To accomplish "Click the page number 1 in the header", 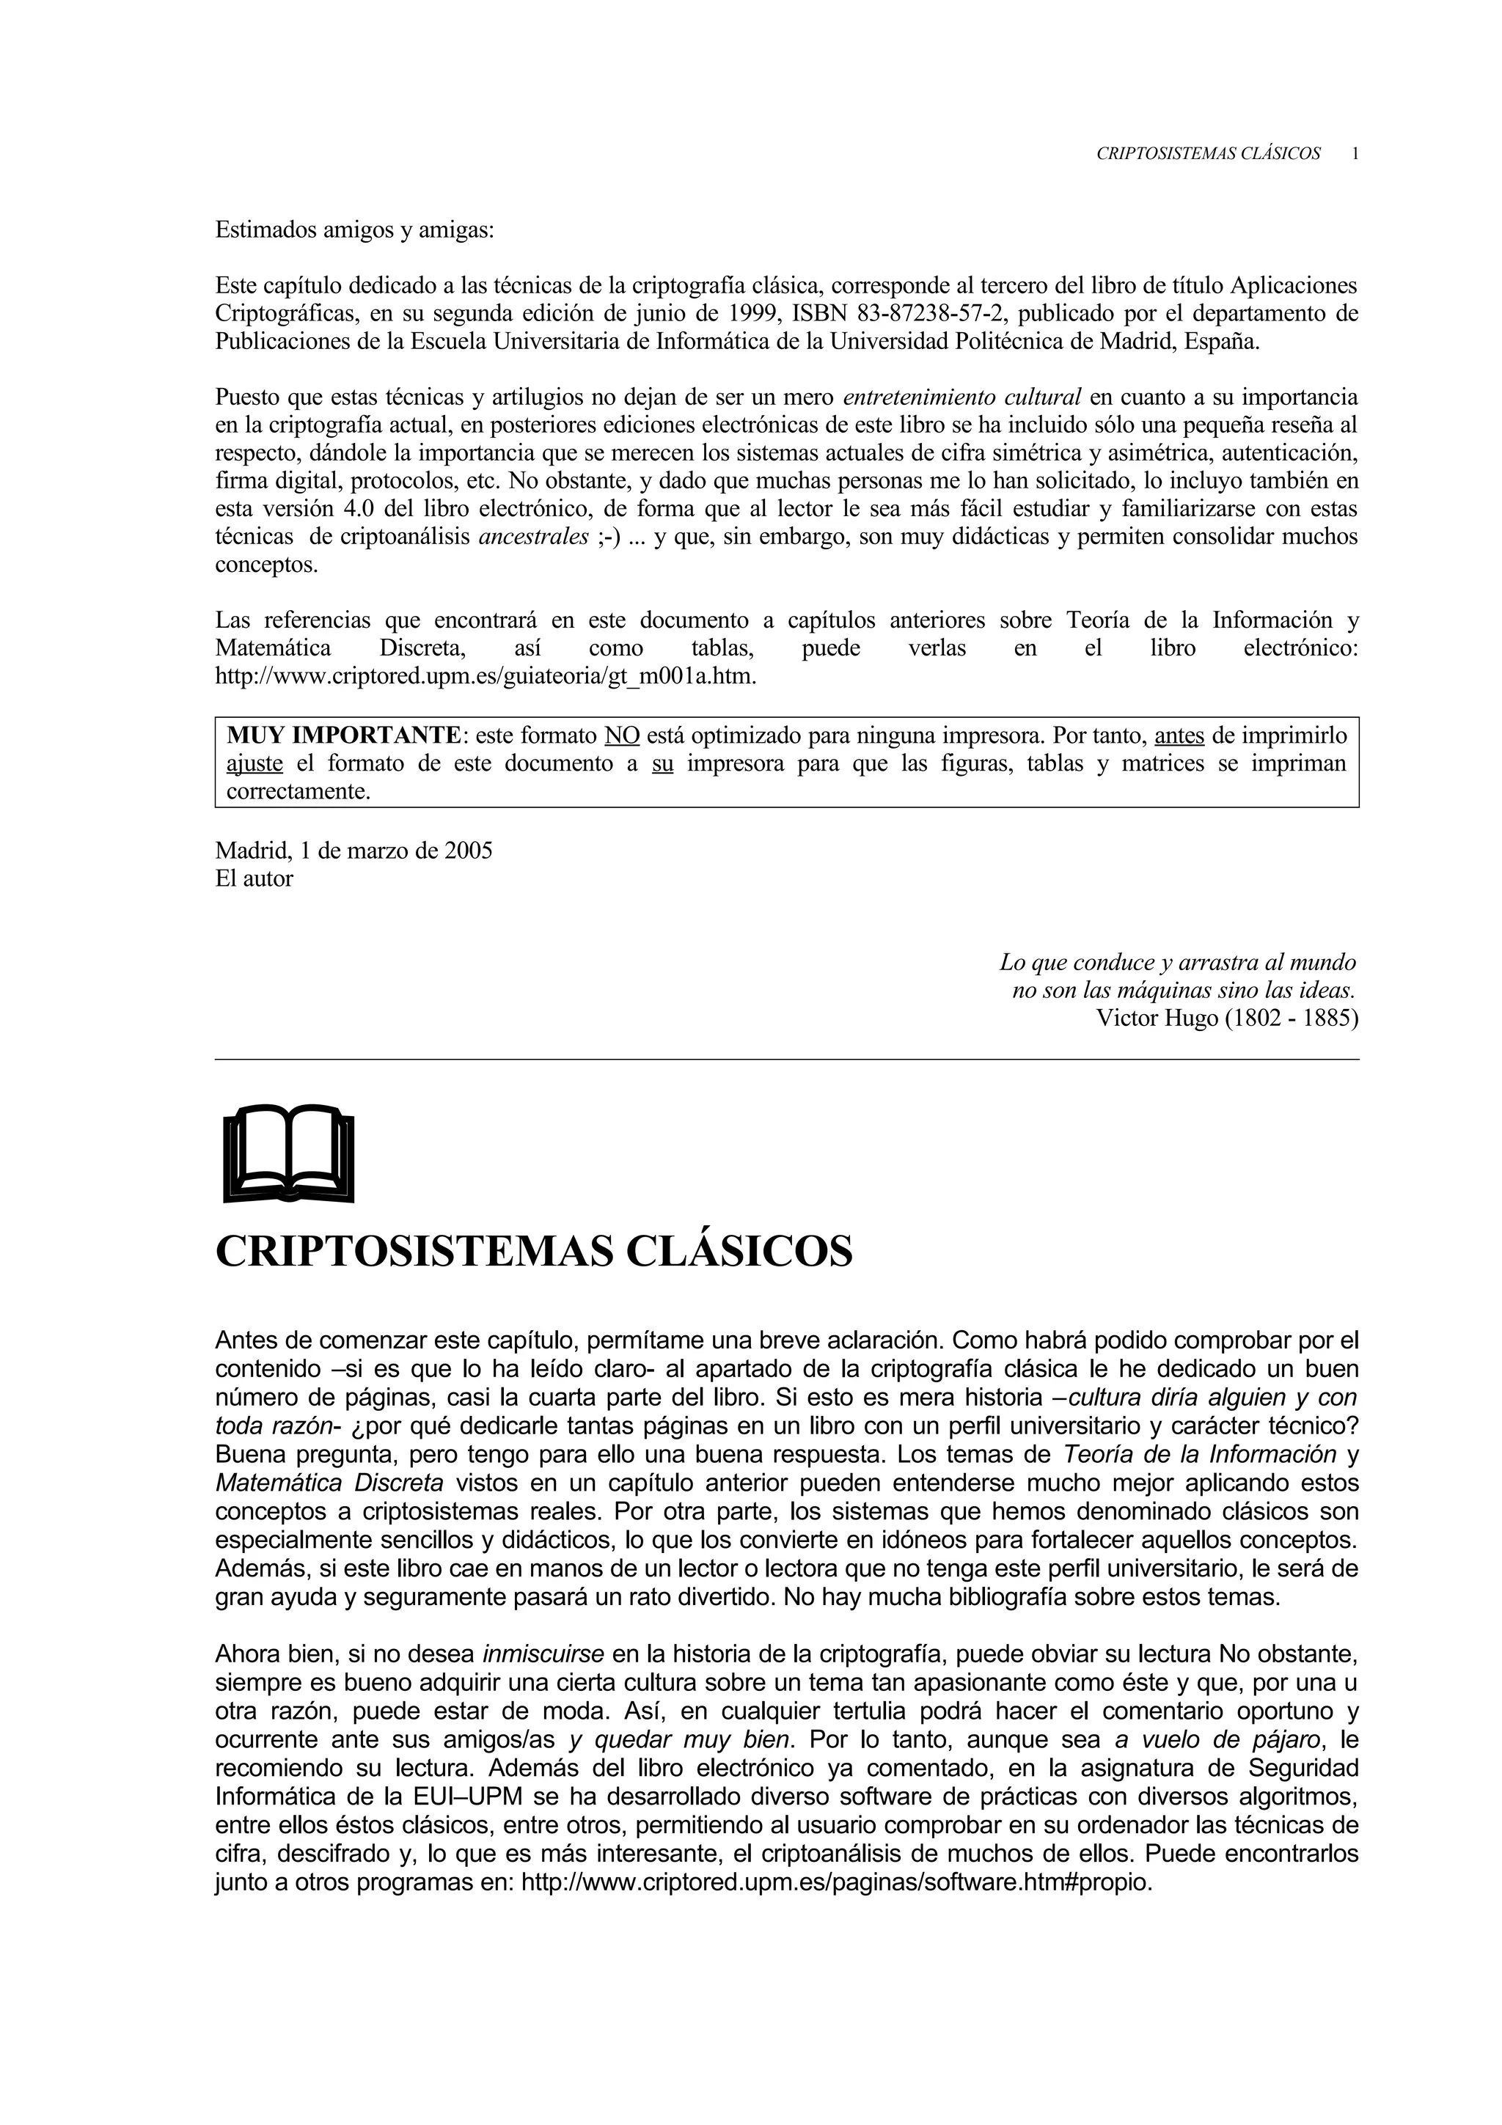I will click(1354, 155).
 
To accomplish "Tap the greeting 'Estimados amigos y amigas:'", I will click(354, 230).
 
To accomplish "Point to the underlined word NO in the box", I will click(622, 735).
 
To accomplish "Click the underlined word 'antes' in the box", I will click(1180, 735).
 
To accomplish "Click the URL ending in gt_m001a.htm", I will click(485, 677).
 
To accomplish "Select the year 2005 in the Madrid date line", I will click(469, 851).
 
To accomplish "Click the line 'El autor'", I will click(254, 879).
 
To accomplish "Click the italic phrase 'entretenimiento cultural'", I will click(962, 398).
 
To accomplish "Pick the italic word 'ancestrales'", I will click(533, 537).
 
